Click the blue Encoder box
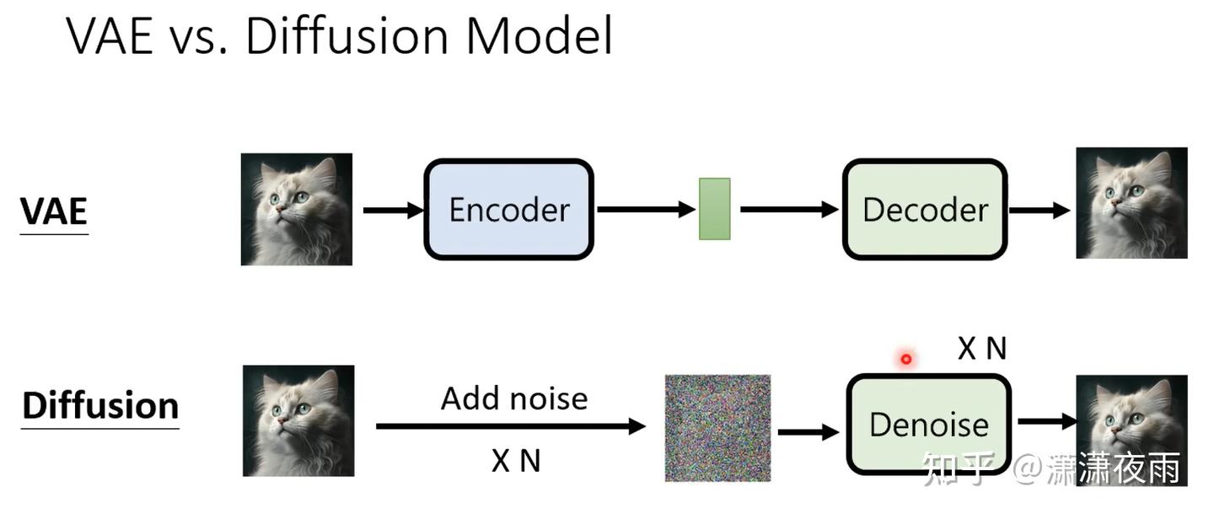[508, 210]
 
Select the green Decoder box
[925, 210]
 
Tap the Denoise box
[928, 424]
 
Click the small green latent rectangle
[714, 209]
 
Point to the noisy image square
[717, 428]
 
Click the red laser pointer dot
[906, 359]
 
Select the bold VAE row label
[54, 211]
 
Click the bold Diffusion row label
[100, 405]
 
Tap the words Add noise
[514, 398]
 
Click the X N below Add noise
[515, 460]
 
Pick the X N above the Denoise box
[982, 348]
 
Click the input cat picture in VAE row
[297, 209]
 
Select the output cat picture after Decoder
[1131, 203]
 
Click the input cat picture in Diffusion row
[298, 420]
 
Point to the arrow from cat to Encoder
[393, 210]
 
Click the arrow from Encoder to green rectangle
[646, 210]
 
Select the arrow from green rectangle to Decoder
[789, 210]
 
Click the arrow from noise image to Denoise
[808, 432]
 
